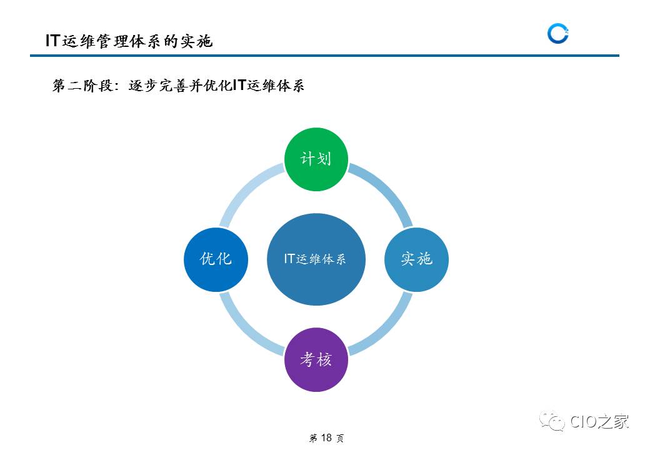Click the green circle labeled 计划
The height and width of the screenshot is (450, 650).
(316, 159)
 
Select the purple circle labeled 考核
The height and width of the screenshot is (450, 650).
(316, 359)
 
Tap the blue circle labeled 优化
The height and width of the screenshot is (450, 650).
(216, 259)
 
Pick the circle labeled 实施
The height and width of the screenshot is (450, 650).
(416, 259)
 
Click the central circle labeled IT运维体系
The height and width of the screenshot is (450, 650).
(316, 259)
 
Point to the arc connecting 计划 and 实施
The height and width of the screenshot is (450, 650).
(387, 190)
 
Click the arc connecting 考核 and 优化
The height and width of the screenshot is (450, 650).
(244, 329)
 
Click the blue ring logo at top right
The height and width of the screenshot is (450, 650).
(557, 34)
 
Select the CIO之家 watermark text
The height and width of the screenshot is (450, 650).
(599, 422)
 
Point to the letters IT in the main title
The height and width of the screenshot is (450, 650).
(52, 41)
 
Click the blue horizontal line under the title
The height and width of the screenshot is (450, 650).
(324, 56)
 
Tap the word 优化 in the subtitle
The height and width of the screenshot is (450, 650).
(217, 86)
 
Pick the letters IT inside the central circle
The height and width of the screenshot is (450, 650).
(289, 259)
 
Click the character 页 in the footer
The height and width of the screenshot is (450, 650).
(340, 439)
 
